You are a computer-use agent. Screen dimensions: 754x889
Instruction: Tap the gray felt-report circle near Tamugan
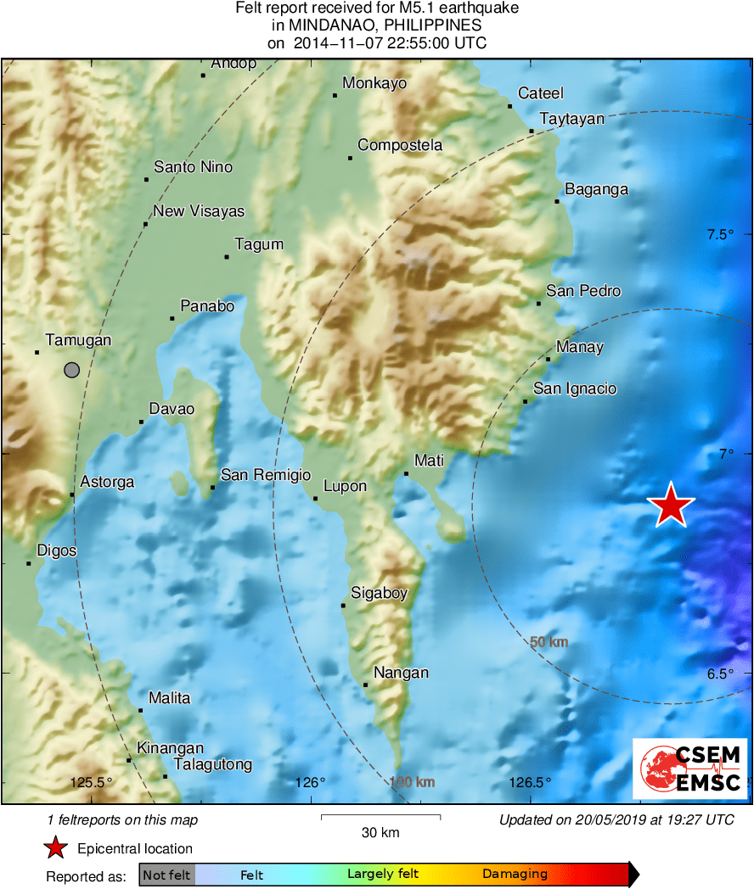pyautogui.click(x=72, y=370)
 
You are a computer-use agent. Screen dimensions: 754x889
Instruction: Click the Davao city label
pyautogui.click(x=172, y=410)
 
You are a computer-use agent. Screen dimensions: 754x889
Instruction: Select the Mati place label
pyautogui.click(x=429, y=461)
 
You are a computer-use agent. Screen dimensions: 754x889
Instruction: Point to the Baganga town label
pyautogui.click(x=596, y=189)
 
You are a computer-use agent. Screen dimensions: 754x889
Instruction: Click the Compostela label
pyautogui.click(x=400, y=146)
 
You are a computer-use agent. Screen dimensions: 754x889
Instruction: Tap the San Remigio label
pyautogui.click(x=266, y=475)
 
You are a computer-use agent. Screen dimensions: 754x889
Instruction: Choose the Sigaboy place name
pyautogui.click(x=380, y=593)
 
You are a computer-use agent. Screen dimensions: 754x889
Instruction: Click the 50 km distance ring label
pyautogui.click(x=549, y=642)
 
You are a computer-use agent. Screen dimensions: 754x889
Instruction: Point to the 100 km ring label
pyautogui.click(x=412, y=781)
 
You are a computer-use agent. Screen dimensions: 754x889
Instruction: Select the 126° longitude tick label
pyautogui.click(x=312, y=782)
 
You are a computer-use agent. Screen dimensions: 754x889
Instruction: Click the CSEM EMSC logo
pyautogui.click(x=690, y=769)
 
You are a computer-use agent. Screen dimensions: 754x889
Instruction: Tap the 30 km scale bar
pyautogui.click(x=380, y=817)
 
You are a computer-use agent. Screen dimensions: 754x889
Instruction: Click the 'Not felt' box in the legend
pyautogui.click(x=167, y=875)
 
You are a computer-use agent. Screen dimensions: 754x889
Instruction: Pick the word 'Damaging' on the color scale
pyautogui.click(x=515, y=875)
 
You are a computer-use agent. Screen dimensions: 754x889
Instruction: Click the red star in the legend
pyautogui.click(x=56, y=848)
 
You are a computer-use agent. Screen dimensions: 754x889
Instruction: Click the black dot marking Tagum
pyautogui.click(x=227, y=256)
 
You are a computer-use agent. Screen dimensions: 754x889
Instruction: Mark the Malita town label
pyautogui.click(x=170, y=698)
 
